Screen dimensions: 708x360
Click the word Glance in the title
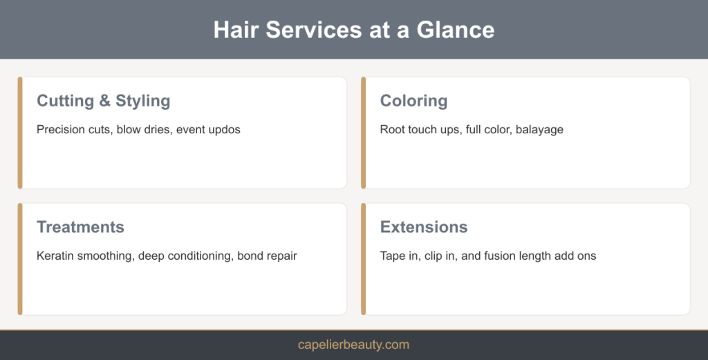coord(455,30)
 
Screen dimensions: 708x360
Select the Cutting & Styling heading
coord(104,101)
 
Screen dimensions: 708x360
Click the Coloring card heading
coord(413,101)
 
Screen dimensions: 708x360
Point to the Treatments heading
coord(80,227)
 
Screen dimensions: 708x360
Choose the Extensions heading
coord(424,227)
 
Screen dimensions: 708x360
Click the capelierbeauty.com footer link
coord(353,345)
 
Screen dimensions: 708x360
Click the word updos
coord(225,130)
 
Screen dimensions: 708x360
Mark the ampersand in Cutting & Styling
coord(105,101)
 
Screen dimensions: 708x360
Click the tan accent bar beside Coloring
coord(364,133)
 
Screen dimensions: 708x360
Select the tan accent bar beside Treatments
coord(20,259)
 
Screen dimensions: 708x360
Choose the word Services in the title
coord(314,30)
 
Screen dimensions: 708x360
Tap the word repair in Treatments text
coord(283,256)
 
